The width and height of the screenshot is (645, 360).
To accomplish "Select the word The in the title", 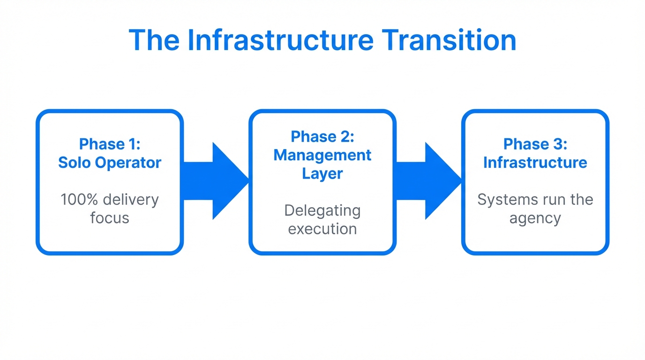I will pyautogui.click(x=153, y=40).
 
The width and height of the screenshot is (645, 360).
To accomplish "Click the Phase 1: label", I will pyautogui.click(x=110, y=144).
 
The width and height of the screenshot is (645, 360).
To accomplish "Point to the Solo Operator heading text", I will pyautogui.click(x=110, y=163).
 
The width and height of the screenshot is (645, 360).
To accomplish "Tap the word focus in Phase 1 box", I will pyautogui.click(x=110, y=218).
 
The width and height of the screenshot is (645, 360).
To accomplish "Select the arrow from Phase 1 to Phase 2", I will pyautogui.click(x=215, y=181).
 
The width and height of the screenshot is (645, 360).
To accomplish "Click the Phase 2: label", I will pyautogui.click(x=322, y=136).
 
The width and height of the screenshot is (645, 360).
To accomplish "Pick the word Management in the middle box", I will pyautogui.click(x=322, y=155).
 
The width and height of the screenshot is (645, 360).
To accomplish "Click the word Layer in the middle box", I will pyautogui.click(x=322, y=173).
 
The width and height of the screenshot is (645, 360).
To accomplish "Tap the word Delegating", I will pyautogui.click(x=322, y=210).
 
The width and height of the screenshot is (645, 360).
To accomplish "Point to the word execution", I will pyautogui.click(x=322, y=229).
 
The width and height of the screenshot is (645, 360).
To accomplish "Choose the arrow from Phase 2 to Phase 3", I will pyautogui.click(x=428, y=181).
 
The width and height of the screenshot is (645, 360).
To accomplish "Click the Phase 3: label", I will pyautogui.click(x=535, y=144).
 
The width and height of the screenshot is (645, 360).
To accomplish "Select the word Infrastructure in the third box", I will pyautogui.click(x=535, y=163).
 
